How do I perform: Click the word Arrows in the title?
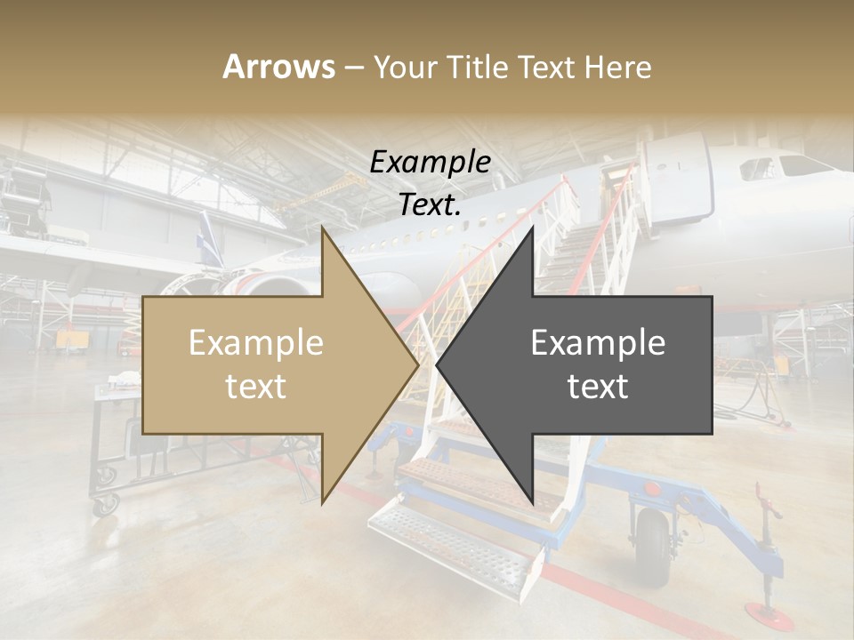click(279, 67)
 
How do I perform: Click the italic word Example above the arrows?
click(431, 163)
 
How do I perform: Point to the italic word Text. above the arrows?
click(430, 204)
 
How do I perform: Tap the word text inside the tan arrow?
click(255, 388)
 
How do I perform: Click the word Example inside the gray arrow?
click(598, 342)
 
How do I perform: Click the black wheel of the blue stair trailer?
click(653, 547)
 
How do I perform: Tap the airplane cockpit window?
click(805, 165)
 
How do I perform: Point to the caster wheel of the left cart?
click(106, 505)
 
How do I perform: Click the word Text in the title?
click(545, 67)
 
